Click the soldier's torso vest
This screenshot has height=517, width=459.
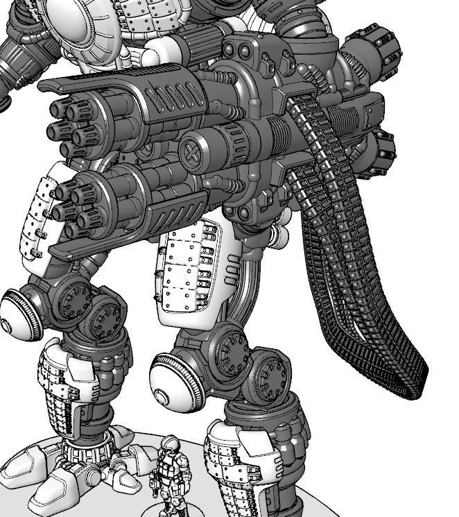[x=167, y=468]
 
